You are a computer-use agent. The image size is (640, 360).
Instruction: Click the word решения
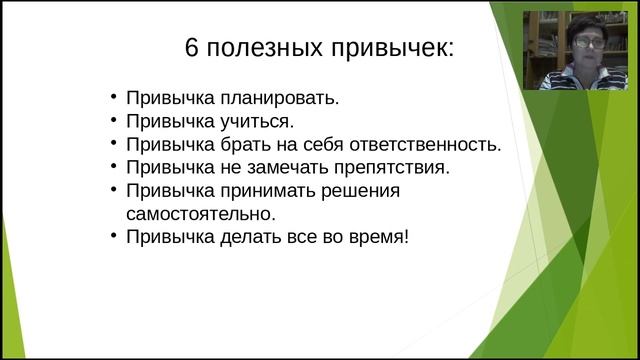tap(353, 190)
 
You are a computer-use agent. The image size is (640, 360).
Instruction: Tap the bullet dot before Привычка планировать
tap(115, 99)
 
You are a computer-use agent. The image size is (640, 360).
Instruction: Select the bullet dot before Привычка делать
tap(115, 236)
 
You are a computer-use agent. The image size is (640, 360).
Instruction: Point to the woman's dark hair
tap(583, 22)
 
